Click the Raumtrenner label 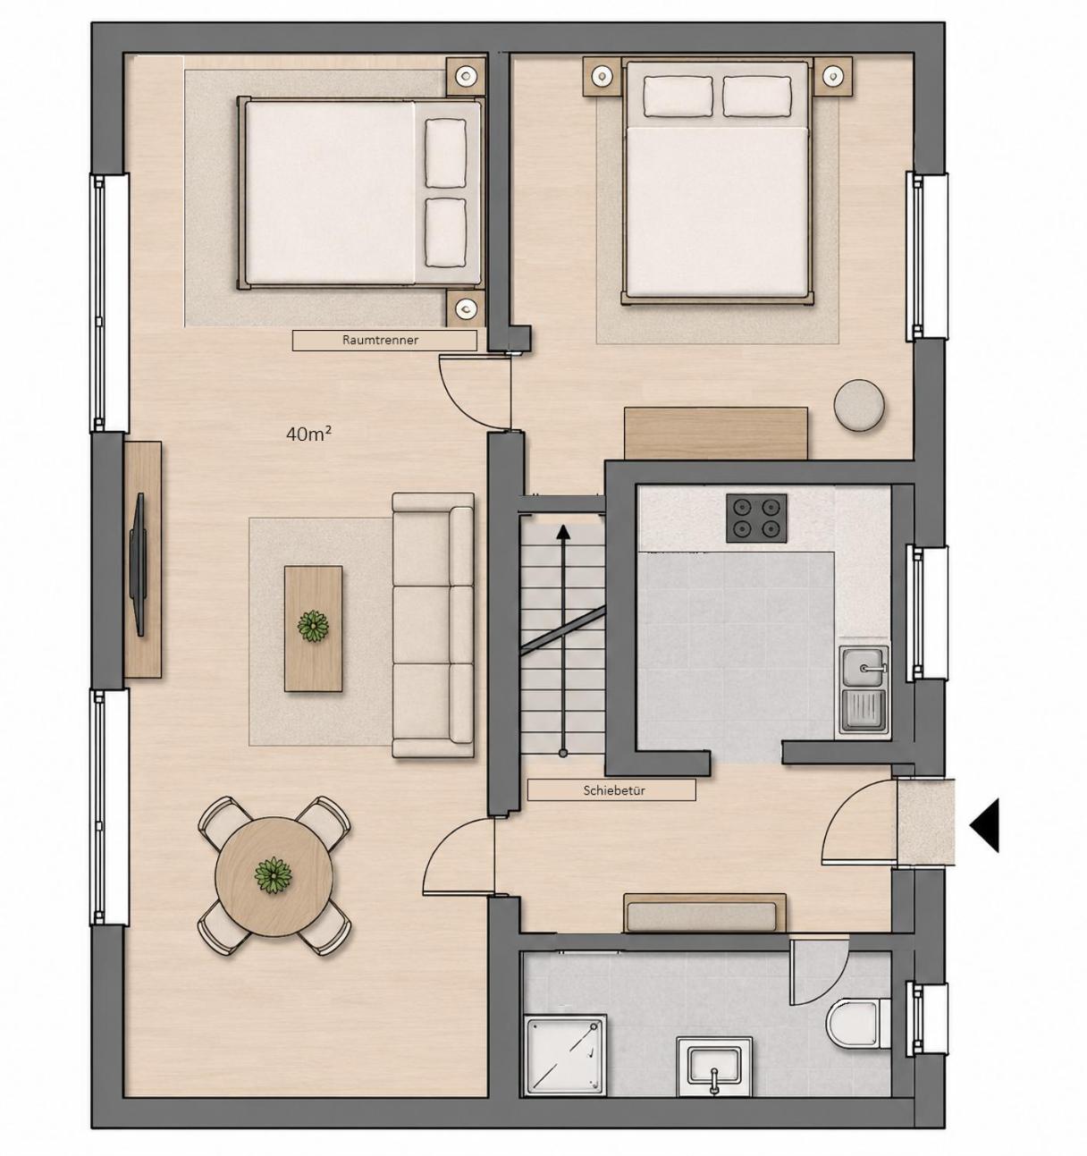tap(380, 340)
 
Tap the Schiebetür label tap(613, 790)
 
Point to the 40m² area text tap(309, 435)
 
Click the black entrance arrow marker tap(984, 825)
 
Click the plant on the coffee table tap(313, 627)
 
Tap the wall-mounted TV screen tap(139, 564)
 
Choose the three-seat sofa tap(433, 625)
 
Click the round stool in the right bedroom tap(859, 405)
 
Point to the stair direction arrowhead tap(563, 531)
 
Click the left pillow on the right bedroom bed tap(678, 97)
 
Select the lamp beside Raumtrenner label tap(466, 308)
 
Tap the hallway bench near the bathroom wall tap(704, 912)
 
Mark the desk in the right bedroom tap(715, 433)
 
